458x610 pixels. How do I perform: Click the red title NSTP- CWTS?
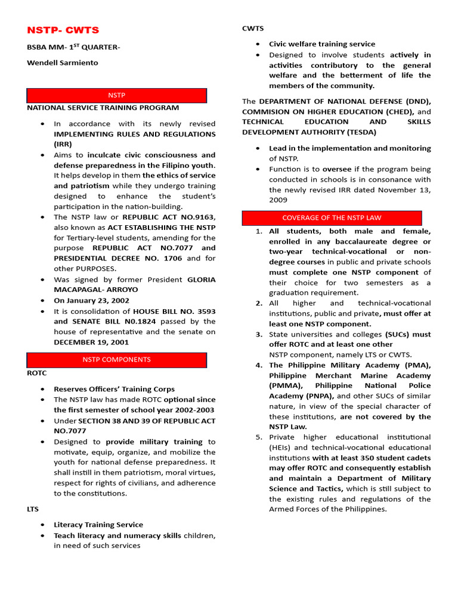(x=63, y=30)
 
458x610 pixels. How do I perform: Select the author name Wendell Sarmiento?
(x=63, y=63)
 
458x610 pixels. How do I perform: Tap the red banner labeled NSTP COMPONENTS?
(x=116, y=360)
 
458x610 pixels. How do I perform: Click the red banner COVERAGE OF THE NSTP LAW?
(x=332, y=218)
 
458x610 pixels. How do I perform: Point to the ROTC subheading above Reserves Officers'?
(x=36, y=374)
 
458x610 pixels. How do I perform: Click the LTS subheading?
(x=33, y=509)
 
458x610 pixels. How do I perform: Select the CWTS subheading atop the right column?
(x=252, y=29)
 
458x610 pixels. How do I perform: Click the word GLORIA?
(x=202, y=280)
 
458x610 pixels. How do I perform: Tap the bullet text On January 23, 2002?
(x=91, y=301)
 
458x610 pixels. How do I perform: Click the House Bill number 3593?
(x=205, y=312)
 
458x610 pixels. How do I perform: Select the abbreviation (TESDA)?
(x=357, y=132)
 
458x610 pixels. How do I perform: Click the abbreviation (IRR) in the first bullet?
(x=63, y=144)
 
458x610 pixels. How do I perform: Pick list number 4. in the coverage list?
(x=259, y=366)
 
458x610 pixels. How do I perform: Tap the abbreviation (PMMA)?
(x=283, y=386)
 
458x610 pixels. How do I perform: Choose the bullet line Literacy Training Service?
(x=98, y=525)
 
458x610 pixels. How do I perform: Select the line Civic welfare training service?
(x=322, y=44)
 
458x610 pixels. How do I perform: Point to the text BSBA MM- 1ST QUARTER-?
(x=73, y=47)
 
